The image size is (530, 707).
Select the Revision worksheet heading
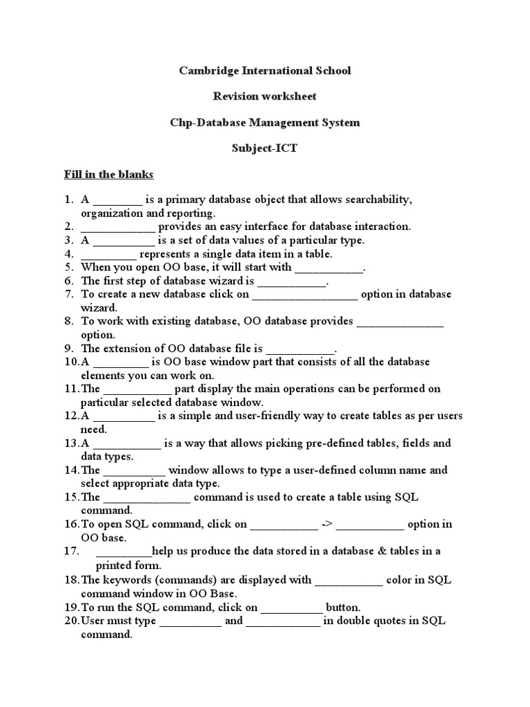pyautogui.click(x=265, y=97)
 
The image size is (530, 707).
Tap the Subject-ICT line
pyautogui.click(x=265, y=149)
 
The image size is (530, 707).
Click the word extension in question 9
pyautogui.click(x=127, y=349)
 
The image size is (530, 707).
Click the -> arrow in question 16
pyautogui.click(x=328, y=524)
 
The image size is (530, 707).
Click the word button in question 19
pyautogui.click(x=342, y=608)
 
